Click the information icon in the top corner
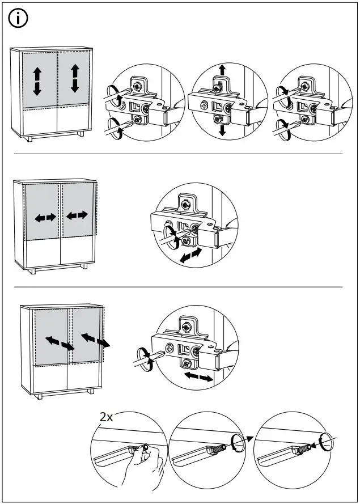point(18,19)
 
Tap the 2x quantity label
point(107,417)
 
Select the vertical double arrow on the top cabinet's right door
point(75,78)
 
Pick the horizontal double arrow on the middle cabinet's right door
point(77,215)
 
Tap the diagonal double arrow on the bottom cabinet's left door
point(59,342)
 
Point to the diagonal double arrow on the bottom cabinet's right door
point(95,340)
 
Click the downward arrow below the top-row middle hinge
point(222,130)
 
